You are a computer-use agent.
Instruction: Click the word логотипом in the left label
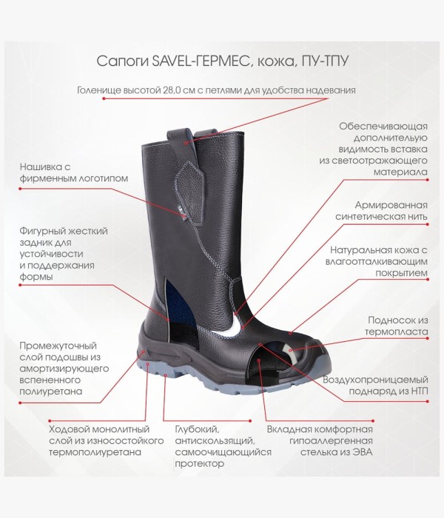pyautogui.click(x=103, y=179)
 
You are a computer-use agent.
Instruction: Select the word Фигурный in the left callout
pyautogui.click(x=41, y=231)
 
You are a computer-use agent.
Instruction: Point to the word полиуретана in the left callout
pyautogui.click(x=50, y=391)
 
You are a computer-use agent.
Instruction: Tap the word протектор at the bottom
pyautogui.click(x=200, y=464)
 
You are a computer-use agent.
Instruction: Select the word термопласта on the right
pyautogui.click(x=397, y=332)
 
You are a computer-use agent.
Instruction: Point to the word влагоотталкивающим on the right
pyautogui.click(x=376, y=262)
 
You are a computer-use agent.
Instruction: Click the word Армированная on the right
pyautogui.click(x=391, y=206)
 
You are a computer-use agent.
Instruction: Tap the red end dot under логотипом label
pyautogui.click(x=20, y=189)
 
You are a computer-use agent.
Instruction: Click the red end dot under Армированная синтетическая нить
pyautogui.click(x=428, y=224)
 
